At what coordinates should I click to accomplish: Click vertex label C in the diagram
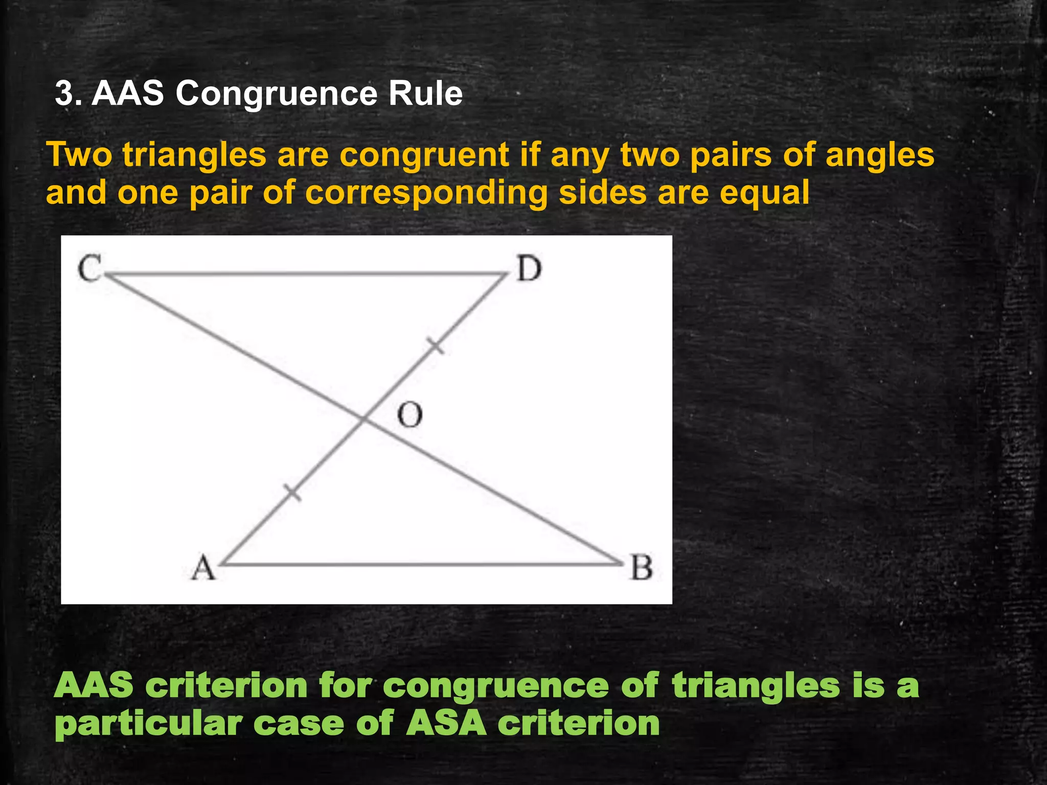[x=89, y=269]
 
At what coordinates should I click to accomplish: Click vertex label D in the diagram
[x=528, y=269]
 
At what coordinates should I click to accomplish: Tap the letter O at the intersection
[x=410, y=414]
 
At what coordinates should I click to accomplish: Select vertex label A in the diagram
[x=203, y=568]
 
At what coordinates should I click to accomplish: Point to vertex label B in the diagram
[x=641, y=568]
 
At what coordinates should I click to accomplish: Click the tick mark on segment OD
[x=436, y=346]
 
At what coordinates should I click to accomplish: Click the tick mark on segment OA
[x=292, y=493]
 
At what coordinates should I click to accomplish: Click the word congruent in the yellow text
[x=424, y=155]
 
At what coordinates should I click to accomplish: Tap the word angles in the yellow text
[x=880, y=155]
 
